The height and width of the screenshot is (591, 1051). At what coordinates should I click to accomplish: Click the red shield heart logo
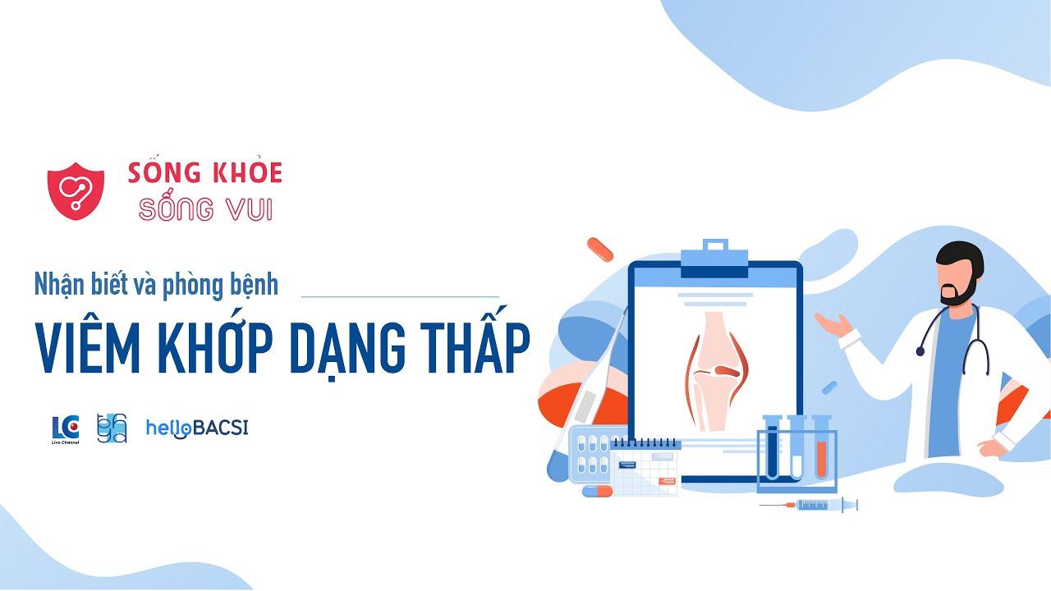tap(76, 190)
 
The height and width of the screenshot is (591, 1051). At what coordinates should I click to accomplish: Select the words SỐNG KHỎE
tap(204, 172)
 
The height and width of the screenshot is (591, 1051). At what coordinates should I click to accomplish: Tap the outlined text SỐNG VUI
tap(204, 208)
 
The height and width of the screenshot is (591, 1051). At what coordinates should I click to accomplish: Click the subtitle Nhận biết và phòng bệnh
tap(156, 284)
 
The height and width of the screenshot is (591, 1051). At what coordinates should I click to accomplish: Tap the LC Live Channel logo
tap(66, 429)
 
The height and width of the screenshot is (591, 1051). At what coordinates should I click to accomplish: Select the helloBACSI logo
tap(196, 428)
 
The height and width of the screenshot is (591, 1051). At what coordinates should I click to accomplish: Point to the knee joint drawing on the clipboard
tap(717, 369)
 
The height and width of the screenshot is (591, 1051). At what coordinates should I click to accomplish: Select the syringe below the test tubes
tap(810, 504)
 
